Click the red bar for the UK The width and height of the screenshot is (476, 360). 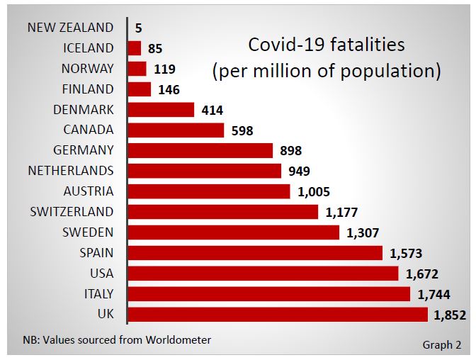tap(278, 314)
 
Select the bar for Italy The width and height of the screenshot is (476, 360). tap(269, 293)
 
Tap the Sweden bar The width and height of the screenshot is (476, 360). tap(234, 232)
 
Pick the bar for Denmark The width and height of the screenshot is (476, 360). tap(161, 110)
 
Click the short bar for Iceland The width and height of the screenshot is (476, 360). tap(135, 48)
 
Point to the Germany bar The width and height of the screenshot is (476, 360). tap(200, 150)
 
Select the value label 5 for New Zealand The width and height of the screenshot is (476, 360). tap(139, 28)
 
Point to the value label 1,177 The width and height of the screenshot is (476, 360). tap(342, 212)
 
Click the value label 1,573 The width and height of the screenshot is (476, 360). tap(406, 253)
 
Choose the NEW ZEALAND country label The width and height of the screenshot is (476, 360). tap(70, 28)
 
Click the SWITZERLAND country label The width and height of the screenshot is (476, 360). tap(72, 212)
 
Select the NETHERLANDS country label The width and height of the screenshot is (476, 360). tap(70, 171)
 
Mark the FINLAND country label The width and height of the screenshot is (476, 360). tap(88, 89)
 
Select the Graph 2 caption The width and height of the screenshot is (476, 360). tap(441, 345)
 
